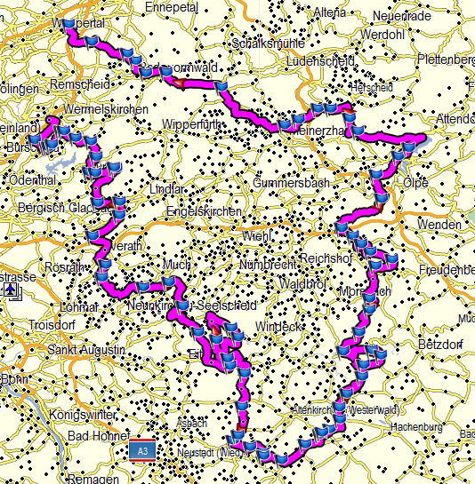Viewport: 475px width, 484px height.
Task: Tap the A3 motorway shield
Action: point(141,451)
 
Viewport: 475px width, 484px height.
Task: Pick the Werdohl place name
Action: point(382,34)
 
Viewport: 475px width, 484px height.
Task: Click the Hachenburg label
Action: point(415,426)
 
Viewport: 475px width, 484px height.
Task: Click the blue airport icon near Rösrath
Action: point(9,290)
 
